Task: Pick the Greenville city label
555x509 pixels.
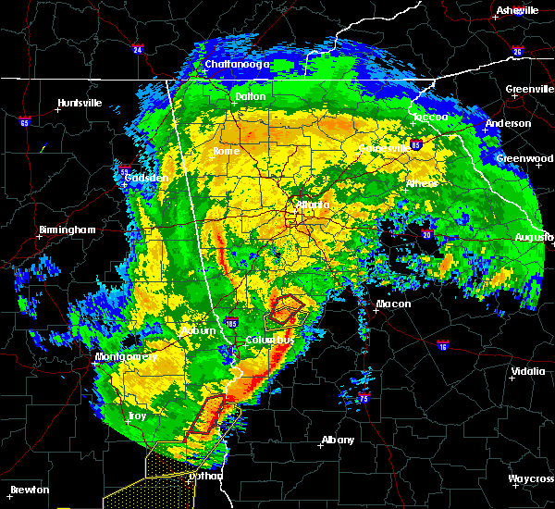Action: coord(529,90)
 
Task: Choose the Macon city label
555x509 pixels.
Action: coord(394,304)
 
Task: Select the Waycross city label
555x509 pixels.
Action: coord(531,478)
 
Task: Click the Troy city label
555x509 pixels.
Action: coord(137,416)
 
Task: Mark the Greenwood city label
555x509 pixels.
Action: coord(524,158)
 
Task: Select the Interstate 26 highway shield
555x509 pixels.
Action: coord(517,52)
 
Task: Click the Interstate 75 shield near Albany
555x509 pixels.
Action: coord(364,399)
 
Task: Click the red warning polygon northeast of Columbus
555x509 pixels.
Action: coord(289,306)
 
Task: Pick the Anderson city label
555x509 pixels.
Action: coord(509,123)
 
